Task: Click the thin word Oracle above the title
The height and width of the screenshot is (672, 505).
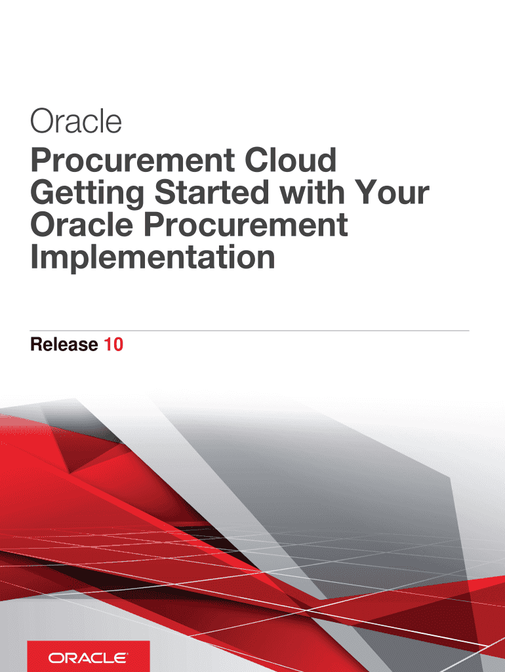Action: point(76,122)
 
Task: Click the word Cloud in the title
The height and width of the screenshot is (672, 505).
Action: point(291,161)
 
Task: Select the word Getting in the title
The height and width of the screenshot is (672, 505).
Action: point(86,194)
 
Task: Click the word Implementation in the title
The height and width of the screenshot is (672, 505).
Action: point(152,258)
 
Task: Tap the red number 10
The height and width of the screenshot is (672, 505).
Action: point(113,345)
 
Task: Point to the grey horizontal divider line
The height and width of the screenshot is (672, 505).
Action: point(250,330)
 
